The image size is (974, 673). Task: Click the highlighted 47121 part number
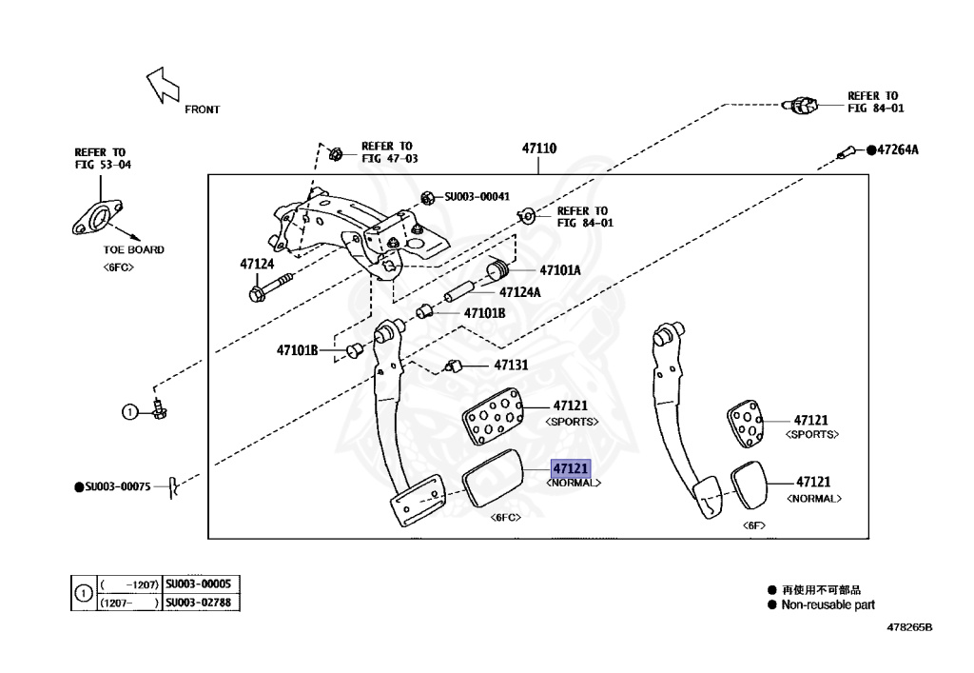572,468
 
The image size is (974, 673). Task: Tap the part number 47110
538,148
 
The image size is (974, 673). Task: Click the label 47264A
897,149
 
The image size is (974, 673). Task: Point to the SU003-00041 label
477,197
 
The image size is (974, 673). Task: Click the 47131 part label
511,365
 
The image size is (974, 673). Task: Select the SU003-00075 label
118,486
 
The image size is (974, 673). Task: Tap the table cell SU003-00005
197,584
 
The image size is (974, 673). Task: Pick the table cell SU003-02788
197,603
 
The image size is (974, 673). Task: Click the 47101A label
559,269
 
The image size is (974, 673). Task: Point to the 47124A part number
519,292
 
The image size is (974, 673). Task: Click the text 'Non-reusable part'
828,604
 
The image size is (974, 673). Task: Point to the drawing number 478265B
909,628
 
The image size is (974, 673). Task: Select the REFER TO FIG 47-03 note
388,152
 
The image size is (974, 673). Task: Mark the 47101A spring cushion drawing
495,271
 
